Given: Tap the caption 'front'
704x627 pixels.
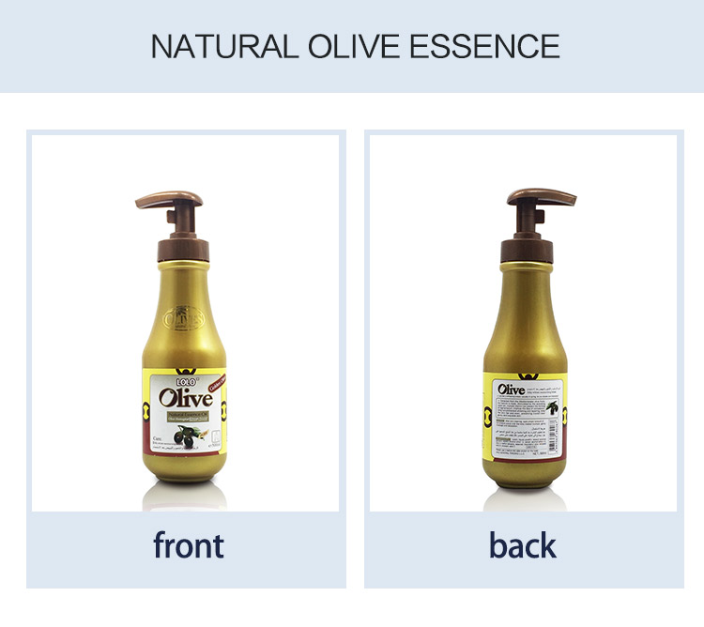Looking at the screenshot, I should coord(188,544).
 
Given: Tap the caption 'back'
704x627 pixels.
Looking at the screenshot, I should coord(523,544).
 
